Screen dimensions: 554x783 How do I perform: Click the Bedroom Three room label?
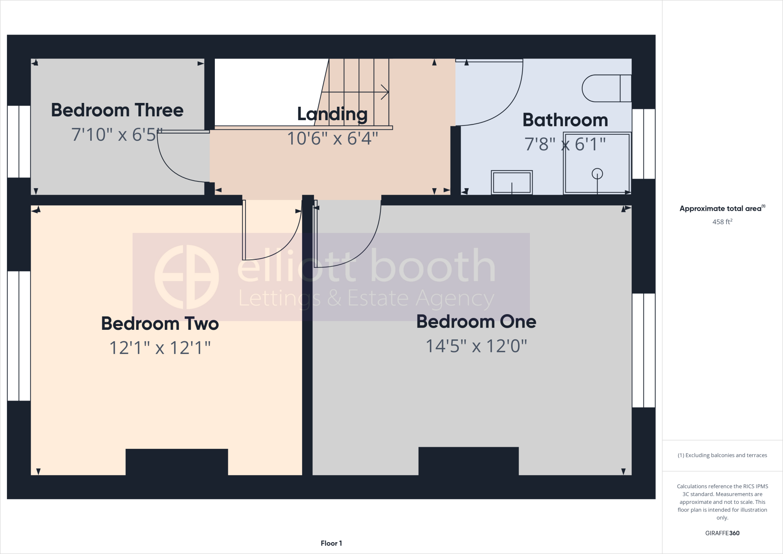pyautogui.click(x=117, y=110)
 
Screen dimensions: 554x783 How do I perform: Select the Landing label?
pyautogui.click(x=332, y=114)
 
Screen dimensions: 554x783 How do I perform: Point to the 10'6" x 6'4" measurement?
pyautogui.click(x=332, y=138)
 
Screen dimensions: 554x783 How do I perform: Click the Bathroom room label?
pyautogui.click(x=565, y=120)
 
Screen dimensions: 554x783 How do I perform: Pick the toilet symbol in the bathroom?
pyautogui.click(x=606, y=88)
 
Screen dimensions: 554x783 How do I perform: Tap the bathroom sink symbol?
pyautogui.click(x=512, y=182)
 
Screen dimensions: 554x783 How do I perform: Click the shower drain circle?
pyautogui.click(x=597, y=174)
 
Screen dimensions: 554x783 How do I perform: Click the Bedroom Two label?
pyautogui.click(x=160, y=324)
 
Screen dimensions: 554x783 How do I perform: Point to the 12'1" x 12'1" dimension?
pyautogui.click(x=160, y=348)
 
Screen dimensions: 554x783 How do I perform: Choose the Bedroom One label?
pyautogui.click(x=476, y=321)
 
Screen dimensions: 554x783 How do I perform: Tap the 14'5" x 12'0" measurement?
pyautogui.click(x=476, y=346)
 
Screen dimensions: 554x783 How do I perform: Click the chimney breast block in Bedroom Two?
pyautogui.click(x=177, y=462)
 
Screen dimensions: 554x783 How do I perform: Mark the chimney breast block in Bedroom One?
pyautogui.click(x=468, y=461)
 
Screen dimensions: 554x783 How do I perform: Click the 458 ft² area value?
pyautogui.click(x=722, y=222)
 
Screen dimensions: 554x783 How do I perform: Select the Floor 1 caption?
pyautogui.click(x=331, y=543)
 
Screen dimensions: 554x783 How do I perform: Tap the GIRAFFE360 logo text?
pyautogui.click(x=722, y=533)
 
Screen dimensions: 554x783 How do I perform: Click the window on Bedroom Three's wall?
pyautogui.click(x=19, y=142)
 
